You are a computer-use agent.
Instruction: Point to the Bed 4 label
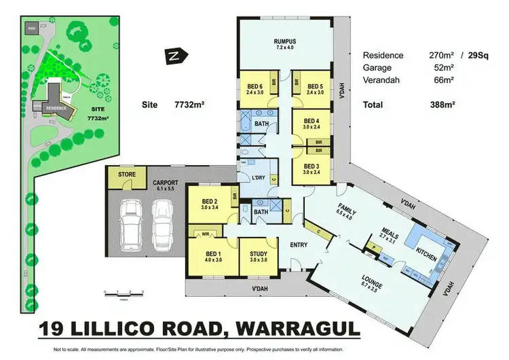click(x=311, y=124)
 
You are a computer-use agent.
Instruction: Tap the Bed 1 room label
click(x=213, y=255)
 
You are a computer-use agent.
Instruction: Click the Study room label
click(x=259, y=255)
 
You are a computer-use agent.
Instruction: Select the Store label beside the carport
click(x=126, y=175)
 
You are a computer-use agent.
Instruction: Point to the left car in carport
click(x=130, y=224)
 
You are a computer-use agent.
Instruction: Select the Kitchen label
click(x=425, y=252)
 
